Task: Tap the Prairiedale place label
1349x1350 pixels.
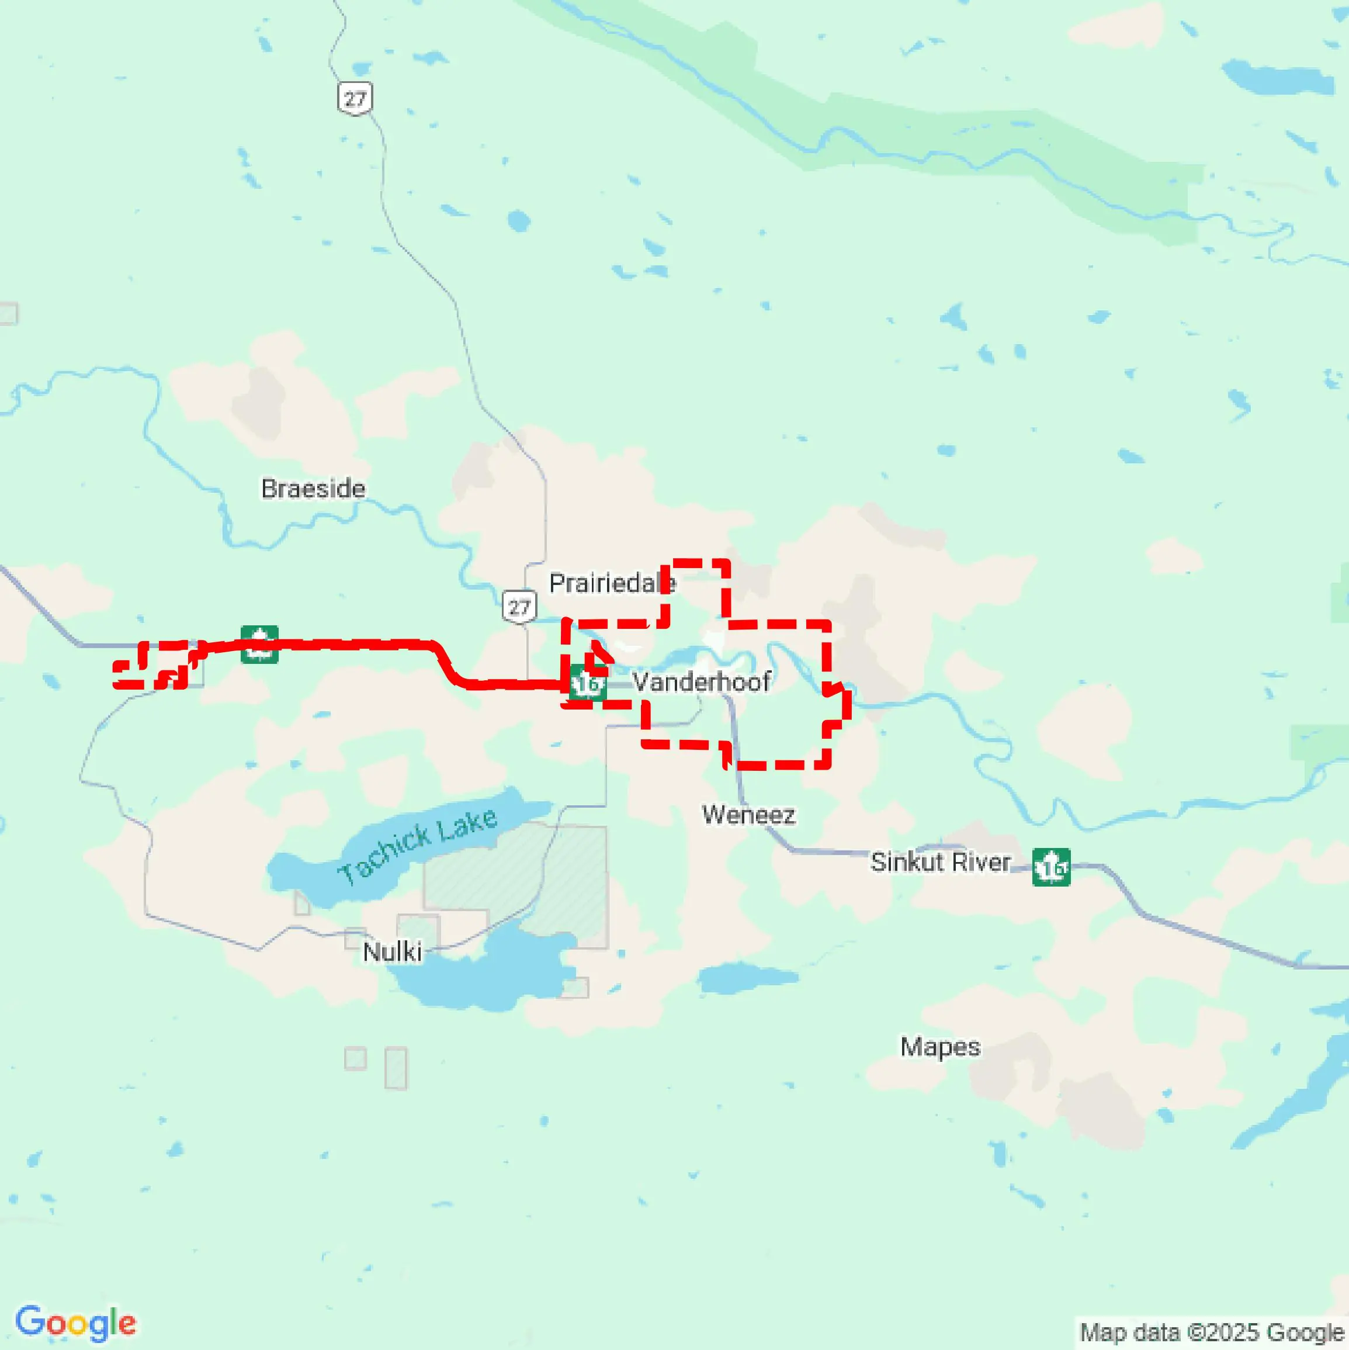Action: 611,583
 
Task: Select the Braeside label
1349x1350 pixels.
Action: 313,489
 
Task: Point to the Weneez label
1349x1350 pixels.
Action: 748,815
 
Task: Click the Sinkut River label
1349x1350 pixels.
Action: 940,862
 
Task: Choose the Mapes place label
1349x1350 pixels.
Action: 939,1047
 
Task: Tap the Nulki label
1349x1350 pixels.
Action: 392,951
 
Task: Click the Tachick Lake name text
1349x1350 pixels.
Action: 417,847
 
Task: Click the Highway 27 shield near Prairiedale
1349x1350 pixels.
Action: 519,607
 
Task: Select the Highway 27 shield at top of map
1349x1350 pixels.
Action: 355,99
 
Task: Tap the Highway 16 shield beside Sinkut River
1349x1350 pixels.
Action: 1050,867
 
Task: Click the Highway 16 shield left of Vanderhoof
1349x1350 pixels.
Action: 587,683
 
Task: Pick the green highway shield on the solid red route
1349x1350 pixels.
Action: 259,644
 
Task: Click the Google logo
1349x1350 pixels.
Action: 75,1323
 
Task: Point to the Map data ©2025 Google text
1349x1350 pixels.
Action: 1212,1332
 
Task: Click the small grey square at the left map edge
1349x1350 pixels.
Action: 8,314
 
